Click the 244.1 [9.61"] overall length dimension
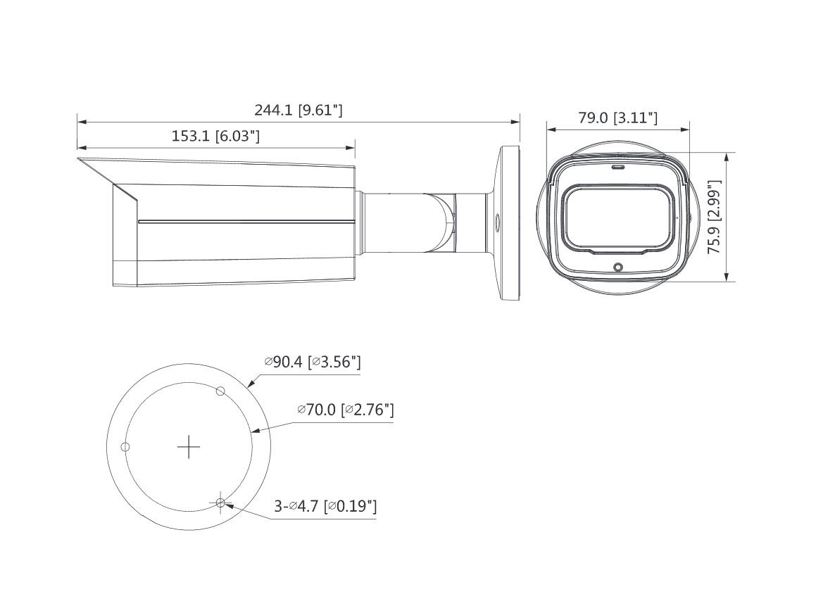click(x=298, y=110)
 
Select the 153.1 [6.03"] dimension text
click(x=215, y=136)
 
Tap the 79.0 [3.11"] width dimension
click(x=617, y=118)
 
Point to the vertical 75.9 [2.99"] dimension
click(x=714, y=217)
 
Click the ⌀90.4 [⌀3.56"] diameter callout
click(x=313, y=362)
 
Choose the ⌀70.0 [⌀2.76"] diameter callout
click(x=345, y=410)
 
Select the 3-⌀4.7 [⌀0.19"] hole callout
click(x=325, y=506)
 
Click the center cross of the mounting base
click(x=189, y=447)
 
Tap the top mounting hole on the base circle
click(x=220, y=391)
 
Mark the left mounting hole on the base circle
click(x=125, y=447)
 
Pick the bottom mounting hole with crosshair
click(x=220, y=503)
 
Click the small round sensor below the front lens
click(x=618, y=267)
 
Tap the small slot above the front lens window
click(x=618, y=168)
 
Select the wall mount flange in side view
click(x=508, y=223)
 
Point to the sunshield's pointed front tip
click(x=79, y=161)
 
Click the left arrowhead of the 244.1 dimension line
click(x=80, y=122)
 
